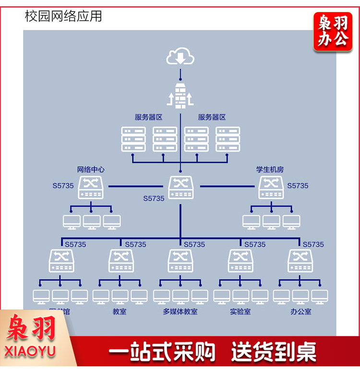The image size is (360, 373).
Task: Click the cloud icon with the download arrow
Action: [180, 57]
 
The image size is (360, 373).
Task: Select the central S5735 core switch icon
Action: [180, 188]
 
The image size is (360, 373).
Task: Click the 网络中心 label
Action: [91, 169]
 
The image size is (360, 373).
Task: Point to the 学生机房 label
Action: [270, 169]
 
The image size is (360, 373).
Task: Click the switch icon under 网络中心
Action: [91, 188]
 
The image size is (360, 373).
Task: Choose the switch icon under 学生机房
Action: [271, 188]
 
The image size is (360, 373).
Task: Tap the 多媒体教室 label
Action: [180, 312]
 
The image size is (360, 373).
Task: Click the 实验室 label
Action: [240, 312]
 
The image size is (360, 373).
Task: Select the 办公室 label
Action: [300, 312]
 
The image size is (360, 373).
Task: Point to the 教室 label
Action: [120, 312]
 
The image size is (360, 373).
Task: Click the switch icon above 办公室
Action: [300, 261]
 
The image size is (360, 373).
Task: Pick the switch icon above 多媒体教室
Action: [180, 261]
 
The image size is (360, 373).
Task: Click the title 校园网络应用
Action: [63, 16]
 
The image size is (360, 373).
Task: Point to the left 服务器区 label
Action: [148, 117]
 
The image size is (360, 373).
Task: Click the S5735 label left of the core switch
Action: [154, 198]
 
